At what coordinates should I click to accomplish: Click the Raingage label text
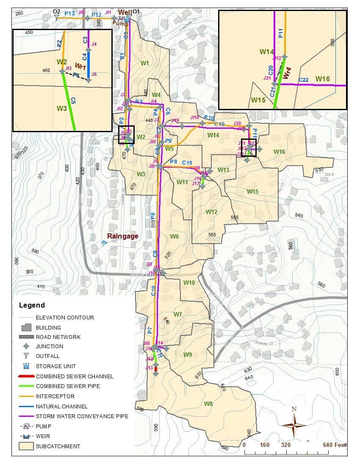pos(122,236)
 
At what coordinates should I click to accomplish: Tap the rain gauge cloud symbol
pos(104,243)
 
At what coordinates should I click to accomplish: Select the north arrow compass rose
pos(294,425)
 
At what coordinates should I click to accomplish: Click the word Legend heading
pos(32,305)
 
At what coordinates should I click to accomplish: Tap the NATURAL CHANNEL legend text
pos(61,406)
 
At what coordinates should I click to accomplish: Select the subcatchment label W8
pos(208,404)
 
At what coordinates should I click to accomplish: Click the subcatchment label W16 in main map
pos(279,152)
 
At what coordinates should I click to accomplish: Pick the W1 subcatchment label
pos(144,64)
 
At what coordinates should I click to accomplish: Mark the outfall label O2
pos(56,11)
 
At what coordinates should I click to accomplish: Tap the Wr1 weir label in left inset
pos(80,67)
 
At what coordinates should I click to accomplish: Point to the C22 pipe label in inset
pos(303,80)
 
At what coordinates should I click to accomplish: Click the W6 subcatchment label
pos(174,236)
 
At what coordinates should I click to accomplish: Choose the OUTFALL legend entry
pos(47,356)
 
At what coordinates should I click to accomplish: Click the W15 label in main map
pos(252,191)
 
